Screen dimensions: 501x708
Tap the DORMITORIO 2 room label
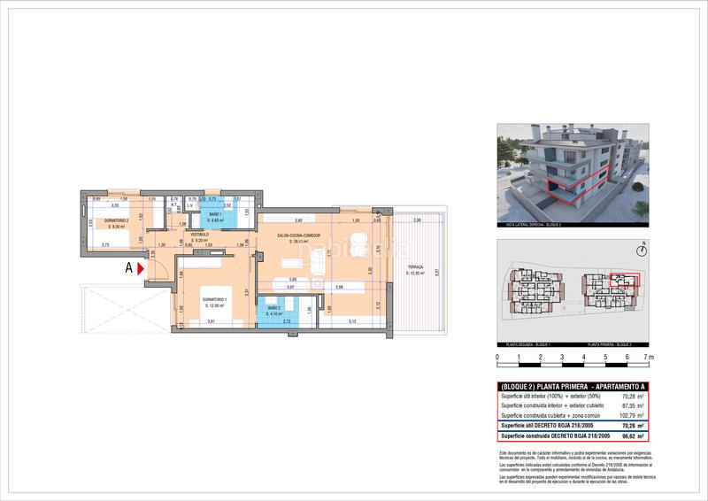(x=118, y=222)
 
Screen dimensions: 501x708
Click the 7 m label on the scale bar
(x=650, y=358)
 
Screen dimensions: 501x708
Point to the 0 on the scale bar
(x=497, y=358)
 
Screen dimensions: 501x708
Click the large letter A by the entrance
(x=129, y=266)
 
